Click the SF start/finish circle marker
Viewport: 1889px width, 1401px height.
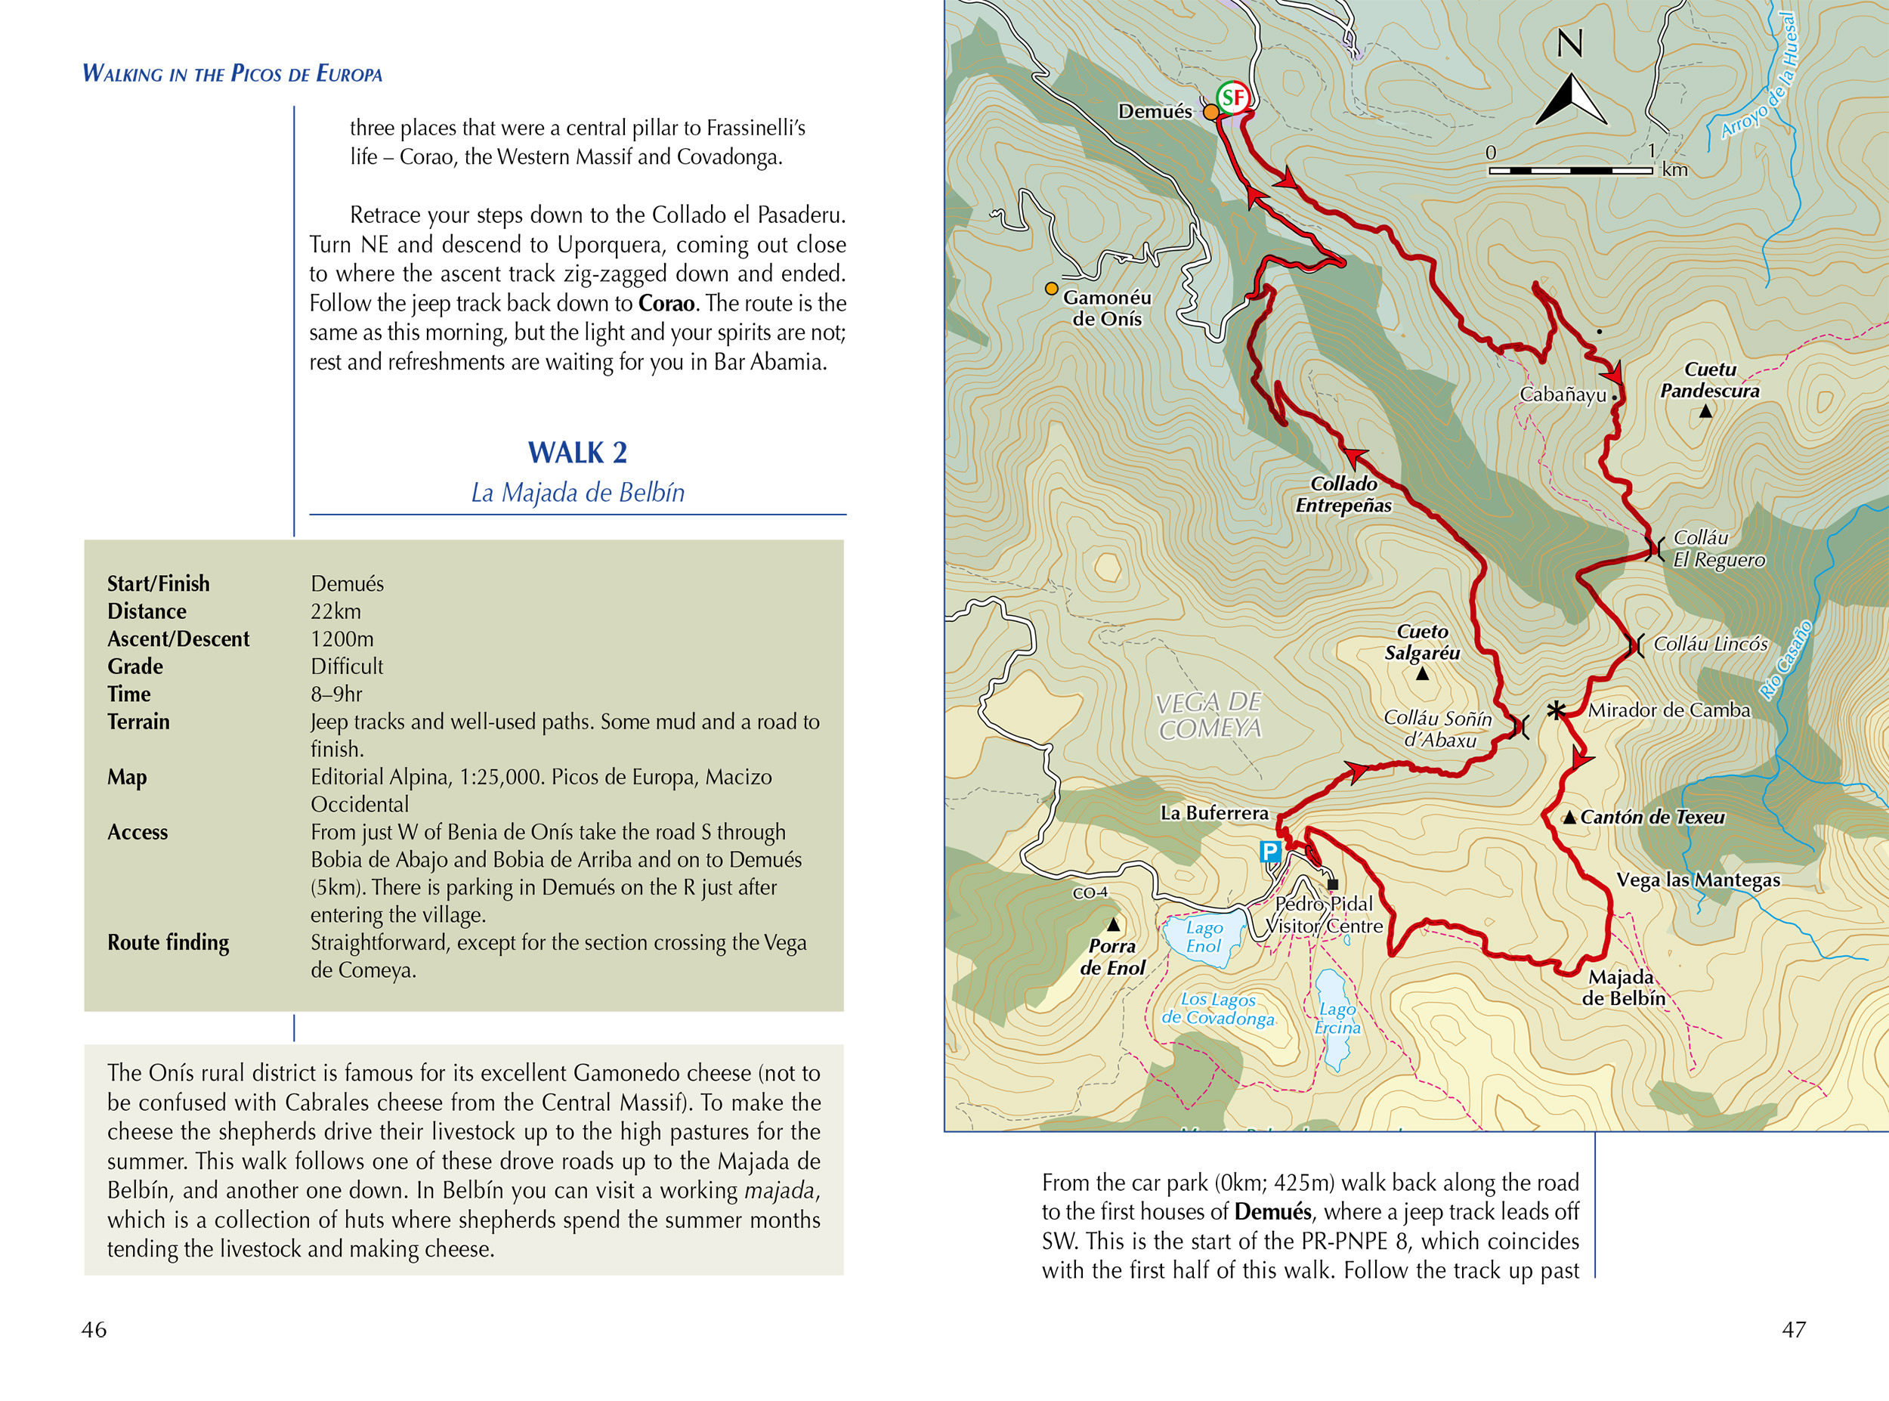pyautogui.click(x=1233, y=98)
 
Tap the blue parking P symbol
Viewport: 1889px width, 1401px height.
pyautogui.click(x=1269, y=851)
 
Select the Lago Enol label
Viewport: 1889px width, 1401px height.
pyautogui.click(x=1204, y=937)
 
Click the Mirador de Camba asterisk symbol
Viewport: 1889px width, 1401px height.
pyautogui.click(x=1556, y=710)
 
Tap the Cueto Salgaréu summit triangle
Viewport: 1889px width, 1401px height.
pyautogui.click(x=1423, y=674)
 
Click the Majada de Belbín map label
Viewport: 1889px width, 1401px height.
pyautogui.click(x=1623, y=988)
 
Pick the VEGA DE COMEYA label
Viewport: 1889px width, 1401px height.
pyautogui.click(x=1210, y=715)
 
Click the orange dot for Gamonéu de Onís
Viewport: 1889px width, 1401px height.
pyautogui.click(x=1051, y=289)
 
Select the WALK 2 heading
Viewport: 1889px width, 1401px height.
pyautogui.click(x=577, y=453)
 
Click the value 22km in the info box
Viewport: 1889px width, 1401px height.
pyautogui.click(x=335, y=611)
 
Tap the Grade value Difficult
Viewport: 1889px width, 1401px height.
pyautogui.click(x=347, y=666)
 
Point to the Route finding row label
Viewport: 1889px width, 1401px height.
pyautogui.click(x=168, y=942)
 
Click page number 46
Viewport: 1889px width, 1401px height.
pyautogui.click(x=94, y=1329)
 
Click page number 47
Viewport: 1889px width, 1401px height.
pyautogui.click(x=1793, y=1329)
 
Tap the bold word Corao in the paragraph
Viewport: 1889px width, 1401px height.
pyautogui.click(x=666, y=304)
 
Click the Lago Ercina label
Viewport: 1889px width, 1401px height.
pyautogui.click(x=1337, y=1019)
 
